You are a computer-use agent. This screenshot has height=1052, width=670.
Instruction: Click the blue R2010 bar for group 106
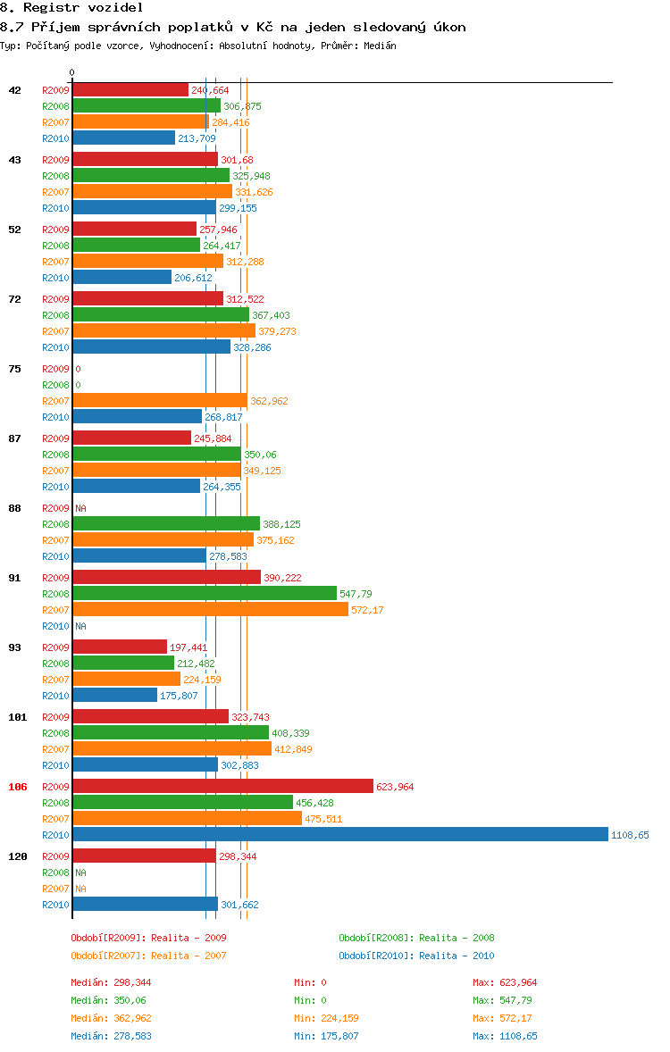(x=339, y=834)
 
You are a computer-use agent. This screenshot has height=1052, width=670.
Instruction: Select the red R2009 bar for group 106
(x=222, y=786)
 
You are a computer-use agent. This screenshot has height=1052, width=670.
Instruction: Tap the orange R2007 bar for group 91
(x=210, y=609)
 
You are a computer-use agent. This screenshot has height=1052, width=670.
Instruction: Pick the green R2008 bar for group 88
(x=166, y=523)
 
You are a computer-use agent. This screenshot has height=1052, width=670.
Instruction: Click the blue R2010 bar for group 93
(x=114, y=695)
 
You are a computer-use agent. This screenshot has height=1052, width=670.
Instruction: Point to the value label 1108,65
(x=630, y=835)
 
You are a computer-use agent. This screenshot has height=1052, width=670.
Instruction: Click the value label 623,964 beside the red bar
(x=395, y=787)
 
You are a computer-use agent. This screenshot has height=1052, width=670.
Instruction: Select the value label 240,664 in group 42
(x=210, y=90)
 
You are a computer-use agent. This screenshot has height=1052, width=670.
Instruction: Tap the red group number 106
(x=17, y=787)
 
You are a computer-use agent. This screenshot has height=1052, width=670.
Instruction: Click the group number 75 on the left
(x=14, y=369)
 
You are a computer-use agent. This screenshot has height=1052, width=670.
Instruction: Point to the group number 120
(x=17, y=856)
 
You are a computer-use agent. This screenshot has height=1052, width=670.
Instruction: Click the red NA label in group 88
(x=80, y=508)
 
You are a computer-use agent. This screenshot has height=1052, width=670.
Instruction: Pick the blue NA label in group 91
(x=80, y=626)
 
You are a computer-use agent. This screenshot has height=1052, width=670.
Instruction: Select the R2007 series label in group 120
(x=55, y=889)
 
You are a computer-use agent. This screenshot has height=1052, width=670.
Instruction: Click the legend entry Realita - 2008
(x=416, y=938)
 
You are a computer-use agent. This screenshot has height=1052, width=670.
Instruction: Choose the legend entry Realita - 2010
(x=416, y=956)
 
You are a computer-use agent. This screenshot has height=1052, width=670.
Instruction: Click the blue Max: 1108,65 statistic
(x=505, y=1036)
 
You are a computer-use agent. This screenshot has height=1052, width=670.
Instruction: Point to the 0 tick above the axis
(x=71, y=72)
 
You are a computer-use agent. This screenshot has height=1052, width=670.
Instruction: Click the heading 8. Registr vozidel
(x=59, y=8)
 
